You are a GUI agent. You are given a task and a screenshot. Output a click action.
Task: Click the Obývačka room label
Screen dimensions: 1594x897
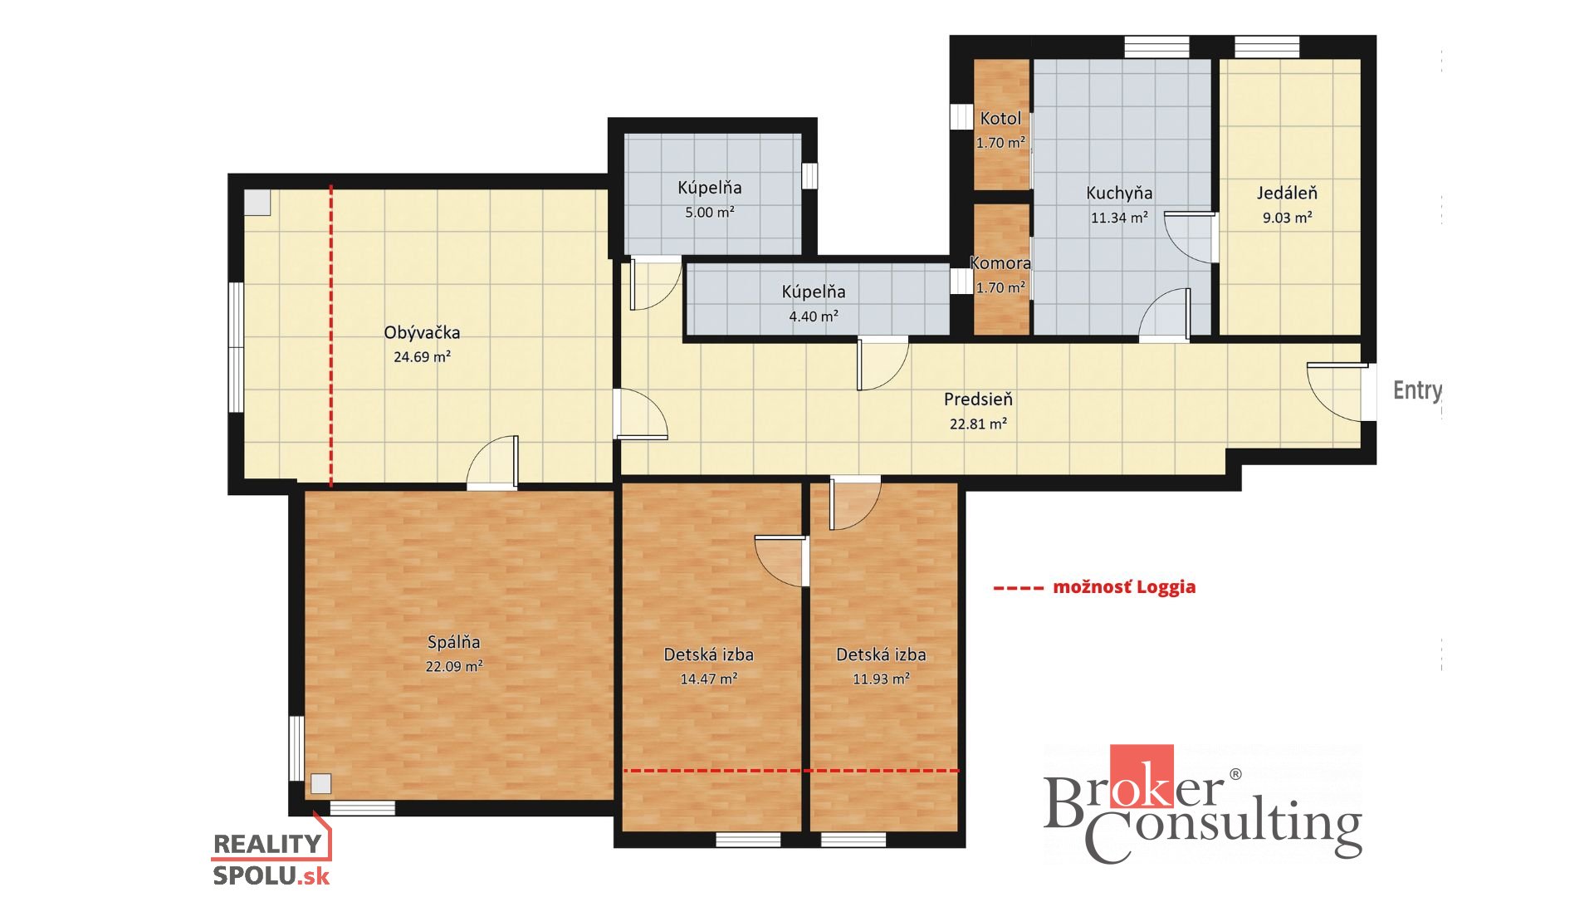tap(422, 332)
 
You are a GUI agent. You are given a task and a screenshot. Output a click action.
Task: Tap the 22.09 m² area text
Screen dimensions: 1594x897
tap(454, 666)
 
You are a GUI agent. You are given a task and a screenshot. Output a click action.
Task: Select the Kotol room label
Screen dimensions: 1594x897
tap(1000, 119)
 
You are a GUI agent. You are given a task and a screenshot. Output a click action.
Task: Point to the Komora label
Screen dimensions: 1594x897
tap(1000, 263)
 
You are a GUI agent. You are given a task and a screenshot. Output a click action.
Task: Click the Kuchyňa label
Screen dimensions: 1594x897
tap(1119, 194)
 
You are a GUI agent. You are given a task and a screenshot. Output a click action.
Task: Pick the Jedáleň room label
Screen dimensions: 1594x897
tap(1287, 193)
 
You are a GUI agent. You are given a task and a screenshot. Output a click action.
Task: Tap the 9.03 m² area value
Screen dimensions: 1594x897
tap(1288, 218)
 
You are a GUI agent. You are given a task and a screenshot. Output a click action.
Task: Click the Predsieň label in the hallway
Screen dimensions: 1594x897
tap(978, 399)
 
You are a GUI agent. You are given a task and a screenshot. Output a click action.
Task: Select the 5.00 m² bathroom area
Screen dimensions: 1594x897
tap(710, 213)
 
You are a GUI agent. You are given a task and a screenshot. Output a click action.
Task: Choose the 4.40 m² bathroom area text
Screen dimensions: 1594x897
tap(814, 316)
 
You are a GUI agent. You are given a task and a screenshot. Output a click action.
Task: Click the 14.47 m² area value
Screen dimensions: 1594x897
tap(709, 679)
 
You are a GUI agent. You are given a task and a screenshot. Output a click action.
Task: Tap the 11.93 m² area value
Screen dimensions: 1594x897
tap(881, 679)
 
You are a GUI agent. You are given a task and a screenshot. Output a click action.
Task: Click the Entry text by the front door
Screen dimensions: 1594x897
tap(1417, 390)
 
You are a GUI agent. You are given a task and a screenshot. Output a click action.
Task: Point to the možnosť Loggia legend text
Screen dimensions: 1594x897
tap(1124, 587)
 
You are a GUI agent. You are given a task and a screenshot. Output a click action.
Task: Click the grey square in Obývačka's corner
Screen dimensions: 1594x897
tap(257, 203)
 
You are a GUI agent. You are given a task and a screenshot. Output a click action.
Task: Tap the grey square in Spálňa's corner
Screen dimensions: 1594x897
tap(321, 784)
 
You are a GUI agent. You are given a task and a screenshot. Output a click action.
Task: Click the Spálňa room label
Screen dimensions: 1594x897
tap(454, 642)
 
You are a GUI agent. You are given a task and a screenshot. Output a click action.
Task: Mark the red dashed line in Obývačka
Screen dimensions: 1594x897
tap(331, 336)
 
